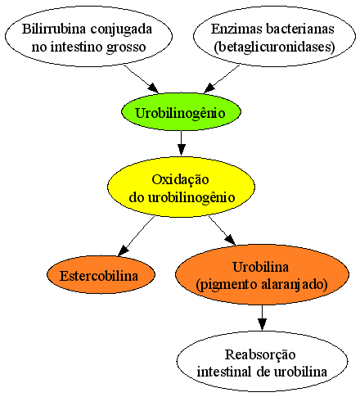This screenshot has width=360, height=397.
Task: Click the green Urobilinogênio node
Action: coord(181,112)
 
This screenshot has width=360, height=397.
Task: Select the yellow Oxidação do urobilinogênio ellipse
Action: coord(181,187)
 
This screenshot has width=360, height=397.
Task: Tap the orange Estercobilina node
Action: coord(101,274)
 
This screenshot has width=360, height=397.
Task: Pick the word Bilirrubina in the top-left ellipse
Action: coord(54,29)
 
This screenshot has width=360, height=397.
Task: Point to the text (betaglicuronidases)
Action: coord(274,47)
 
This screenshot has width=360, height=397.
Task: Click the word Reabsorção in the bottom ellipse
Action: coord(260,354)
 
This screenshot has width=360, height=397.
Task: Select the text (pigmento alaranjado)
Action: coord(262,285)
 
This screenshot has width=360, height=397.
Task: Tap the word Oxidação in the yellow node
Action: coord(181,180)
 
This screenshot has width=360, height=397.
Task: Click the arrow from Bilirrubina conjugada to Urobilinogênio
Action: coord(141,79)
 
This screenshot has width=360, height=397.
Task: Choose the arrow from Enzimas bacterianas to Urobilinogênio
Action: coord(222,79)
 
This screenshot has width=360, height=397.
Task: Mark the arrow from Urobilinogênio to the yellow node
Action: coord(181,143)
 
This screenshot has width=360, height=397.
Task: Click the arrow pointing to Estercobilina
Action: coord(136,237)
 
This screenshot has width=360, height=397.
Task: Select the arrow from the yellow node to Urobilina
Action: coord(223,231)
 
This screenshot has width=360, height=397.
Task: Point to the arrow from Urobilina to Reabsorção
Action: coord(262,318)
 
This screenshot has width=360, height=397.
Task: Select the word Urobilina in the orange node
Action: coord(261,267)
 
